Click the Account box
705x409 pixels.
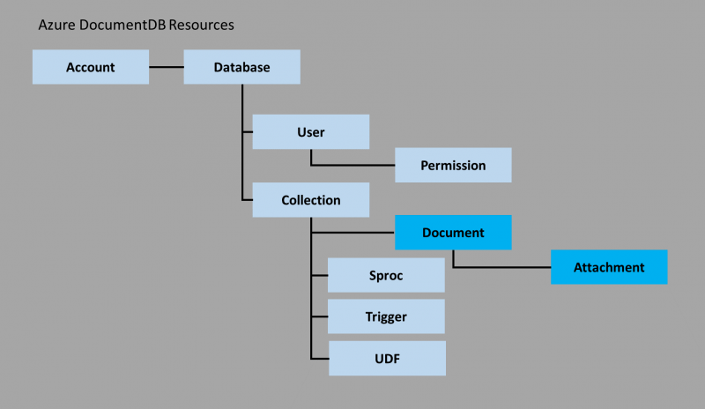(x=90, y=67)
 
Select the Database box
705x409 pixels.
(x=241, y=67)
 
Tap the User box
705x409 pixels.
(x=310, y=132)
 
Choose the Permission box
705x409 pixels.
(x=453, y=165)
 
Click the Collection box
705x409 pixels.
(x=310, y=200)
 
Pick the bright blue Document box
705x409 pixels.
(x=453, y=233)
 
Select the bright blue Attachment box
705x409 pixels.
(x=609, y=267)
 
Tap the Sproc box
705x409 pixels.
(x=386, y=275)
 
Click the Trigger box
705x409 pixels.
(x=386, y=316)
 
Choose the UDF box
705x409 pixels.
(x=386, y=358)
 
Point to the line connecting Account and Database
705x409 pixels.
(x=166, y=67)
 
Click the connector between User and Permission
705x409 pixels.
(x=352, y=165)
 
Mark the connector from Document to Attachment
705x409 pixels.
(x=502, y=266)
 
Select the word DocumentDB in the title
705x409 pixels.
(x=121, y=26)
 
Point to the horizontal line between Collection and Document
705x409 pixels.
(x=352, y=234)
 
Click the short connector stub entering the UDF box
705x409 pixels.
(x=320, y=358)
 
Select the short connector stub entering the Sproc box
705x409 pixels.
(x=320, y=275)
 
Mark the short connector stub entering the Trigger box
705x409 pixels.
(x=320, y=316)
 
